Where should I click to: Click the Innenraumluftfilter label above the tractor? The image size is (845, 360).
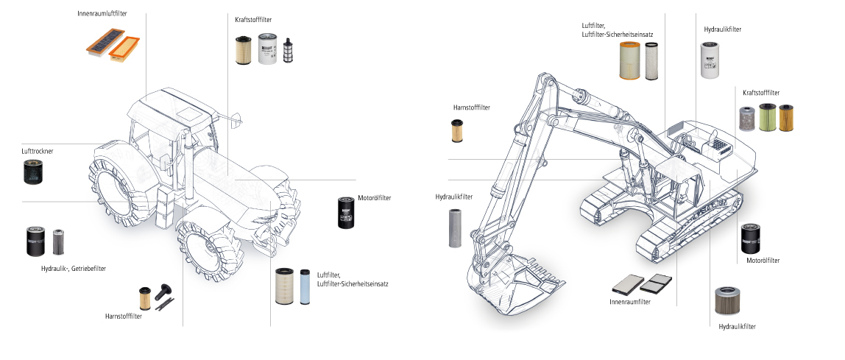pos(102,13)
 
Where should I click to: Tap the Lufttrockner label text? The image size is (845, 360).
pos(38,150)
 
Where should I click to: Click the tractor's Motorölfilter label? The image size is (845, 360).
pos(374,198)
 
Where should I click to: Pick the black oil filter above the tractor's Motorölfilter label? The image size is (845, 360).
pos(346,213)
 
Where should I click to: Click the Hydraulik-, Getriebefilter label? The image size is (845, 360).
pos(74,269)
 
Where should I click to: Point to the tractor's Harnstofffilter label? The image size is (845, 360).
pos(123,317)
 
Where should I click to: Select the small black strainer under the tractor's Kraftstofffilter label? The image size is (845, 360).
pos(289,52)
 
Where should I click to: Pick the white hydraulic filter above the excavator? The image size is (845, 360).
pos(710,60)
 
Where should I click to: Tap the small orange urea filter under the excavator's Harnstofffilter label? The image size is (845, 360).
pos(457,130)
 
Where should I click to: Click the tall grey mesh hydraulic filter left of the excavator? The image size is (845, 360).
pos(456,227)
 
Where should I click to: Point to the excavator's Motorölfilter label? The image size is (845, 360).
pos(763,261)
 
